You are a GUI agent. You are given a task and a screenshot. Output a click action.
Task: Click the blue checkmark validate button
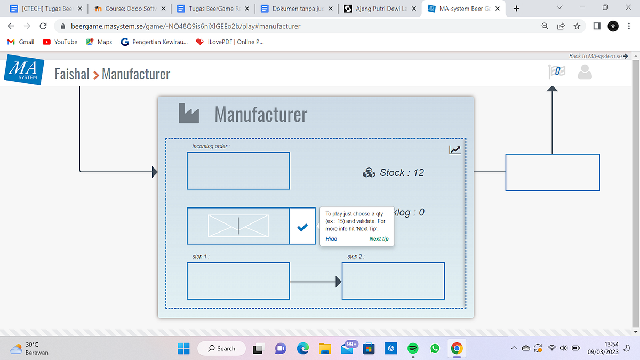pos(302,227)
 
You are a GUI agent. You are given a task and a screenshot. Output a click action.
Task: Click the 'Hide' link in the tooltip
pos(331,239)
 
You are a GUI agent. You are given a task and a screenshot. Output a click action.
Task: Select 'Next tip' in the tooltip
pos(379,239)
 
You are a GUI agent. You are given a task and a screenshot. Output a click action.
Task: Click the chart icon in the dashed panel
pos(454,150)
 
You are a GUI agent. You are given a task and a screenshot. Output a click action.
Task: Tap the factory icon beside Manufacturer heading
pos(189,113)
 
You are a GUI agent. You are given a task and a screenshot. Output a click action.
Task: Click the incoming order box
pos(238,171)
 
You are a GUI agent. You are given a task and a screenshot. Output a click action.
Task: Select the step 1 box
pos(238,281)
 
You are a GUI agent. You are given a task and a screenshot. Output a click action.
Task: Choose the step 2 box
pos(393,281)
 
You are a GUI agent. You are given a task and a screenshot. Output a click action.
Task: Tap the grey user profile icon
pos(585,72)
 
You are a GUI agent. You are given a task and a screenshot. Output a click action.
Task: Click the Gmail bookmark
pos(21,42)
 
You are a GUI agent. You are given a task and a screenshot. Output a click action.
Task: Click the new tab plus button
pos(516,9)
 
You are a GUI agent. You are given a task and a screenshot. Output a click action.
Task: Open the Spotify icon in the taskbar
pos(412,349)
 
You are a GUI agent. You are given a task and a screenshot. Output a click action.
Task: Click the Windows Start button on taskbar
pos(183,349)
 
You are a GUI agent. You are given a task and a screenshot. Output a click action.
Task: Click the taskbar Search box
pos(221,349)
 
